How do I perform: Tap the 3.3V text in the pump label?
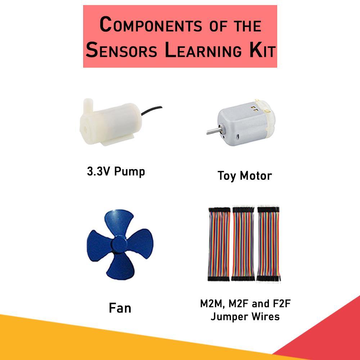99,171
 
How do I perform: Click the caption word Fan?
120,308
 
